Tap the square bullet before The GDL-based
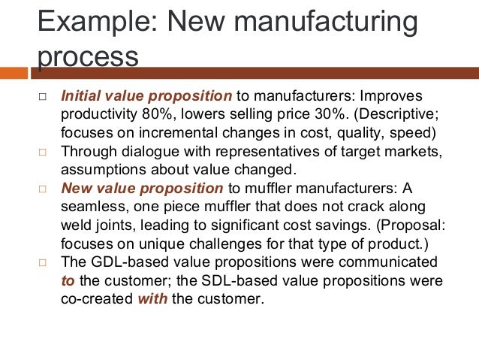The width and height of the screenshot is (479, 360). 43,262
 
